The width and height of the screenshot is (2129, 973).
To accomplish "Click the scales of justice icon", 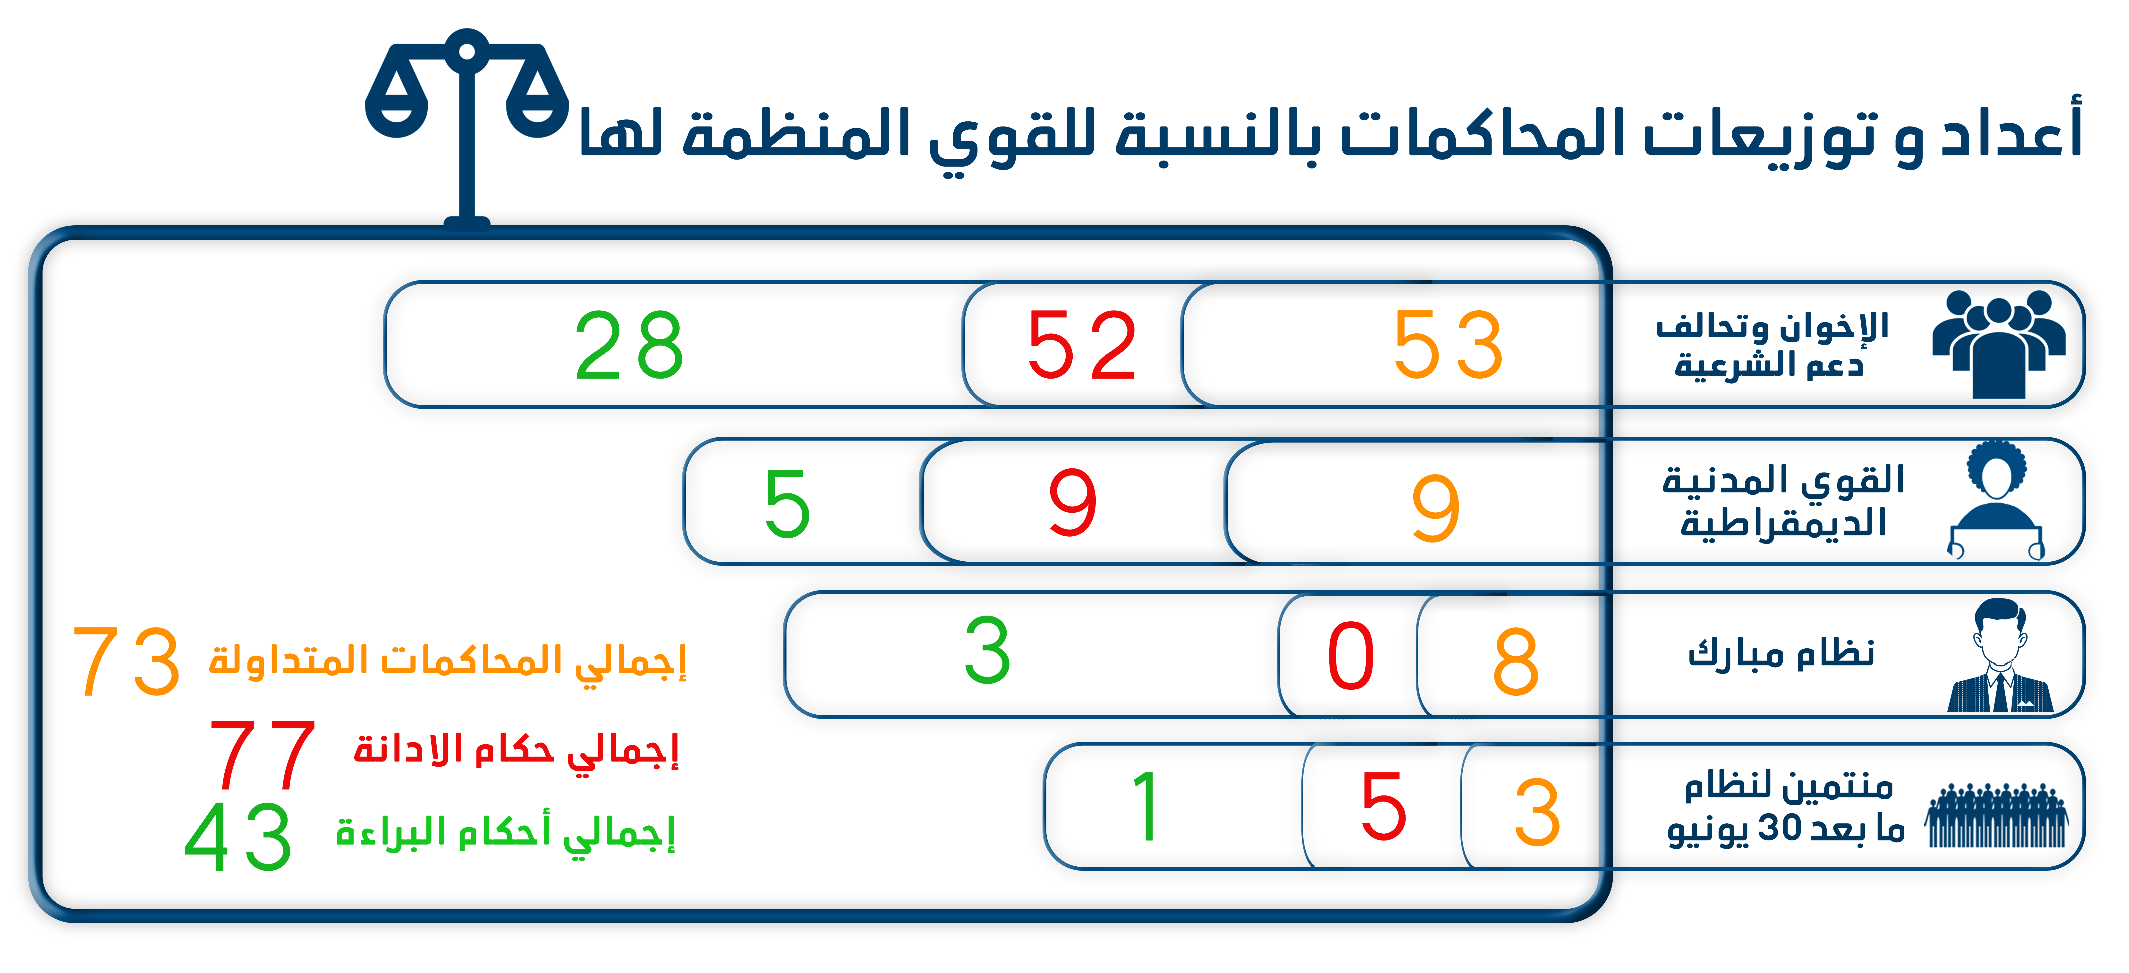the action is pos(467,128).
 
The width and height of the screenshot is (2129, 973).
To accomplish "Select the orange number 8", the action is pos(1516,661).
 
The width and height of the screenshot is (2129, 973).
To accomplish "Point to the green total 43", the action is pos(238,837).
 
